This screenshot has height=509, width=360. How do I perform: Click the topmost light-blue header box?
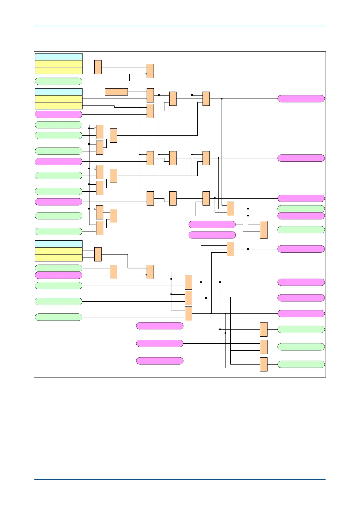(59, 57)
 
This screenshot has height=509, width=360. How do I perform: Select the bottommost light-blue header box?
(59, 244)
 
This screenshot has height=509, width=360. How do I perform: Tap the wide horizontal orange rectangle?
(116, 92)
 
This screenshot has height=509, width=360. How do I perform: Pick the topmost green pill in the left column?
(59, 81)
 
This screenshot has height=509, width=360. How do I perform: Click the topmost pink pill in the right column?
(301, 99)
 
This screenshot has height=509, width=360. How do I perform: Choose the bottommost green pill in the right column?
(301, 364)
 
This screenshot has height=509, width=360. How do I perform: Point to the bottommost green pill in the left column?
(59, 317)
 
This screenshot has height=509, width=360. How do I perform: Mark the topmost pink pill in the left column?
(59, 115)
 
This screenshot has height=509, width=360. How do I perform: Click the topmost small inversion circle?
(146, 74)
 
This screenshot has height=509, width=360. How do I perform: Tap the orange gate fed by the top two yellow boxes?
(98, 67)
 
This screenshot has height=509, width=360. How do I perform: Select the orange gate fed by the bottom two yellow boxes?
(98, 254)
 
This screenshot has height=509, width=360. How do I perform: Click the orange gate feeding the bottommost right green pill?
(264, 364)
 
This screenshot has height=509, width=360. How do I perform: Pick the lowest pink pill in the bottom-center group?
(160, 361)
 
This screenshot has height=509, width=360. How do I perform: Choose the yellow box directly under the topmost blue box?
(59, 64)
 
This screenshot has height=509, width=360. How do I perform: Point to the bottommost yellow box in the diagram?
(59, 258)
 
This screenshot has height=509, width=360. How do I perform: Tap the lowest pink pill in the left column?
(59, 275)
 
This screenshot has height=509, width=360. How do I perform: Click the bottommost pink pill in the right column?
(301, 313)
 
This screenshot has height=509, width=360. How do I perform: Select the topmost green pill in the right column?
(301, 209)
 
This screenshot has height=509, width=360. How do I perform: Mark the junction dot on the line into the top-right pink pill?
(222, 99)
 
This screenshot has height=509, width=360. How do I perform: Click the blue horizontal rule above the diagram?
(180, 26)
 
